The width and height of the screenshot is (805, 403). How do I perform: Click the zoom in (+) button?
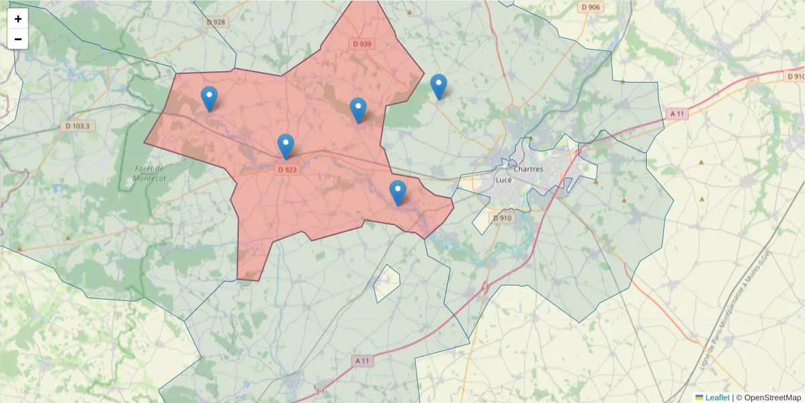18,19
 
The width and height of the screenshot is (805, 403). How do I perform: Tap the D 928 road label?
216,22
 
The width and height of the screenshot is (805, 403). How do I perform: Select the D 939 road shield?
362,44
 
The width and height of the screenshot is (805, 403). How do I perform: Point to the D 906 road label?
591,7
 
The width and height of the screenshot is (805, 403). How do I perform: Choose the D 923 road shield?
286,170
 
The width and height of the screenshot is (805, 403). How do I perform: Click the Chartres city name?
528,169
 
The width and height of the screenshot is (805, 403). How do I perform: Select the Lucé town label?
503,180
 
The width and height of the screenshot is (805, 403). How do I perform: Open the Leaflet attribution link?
716,398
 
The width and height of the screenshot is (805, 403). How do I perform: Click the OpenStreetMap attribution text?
768,398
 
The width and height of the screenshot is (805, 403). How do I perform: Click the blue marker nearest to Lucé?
398,193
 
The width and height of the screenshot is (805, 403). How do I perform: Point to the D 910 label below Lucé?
502,218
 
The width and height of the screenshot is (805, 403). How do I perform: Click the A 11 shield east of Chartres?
678,114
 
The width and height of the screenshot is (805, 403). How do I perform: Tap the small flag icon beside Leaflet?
699,398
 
